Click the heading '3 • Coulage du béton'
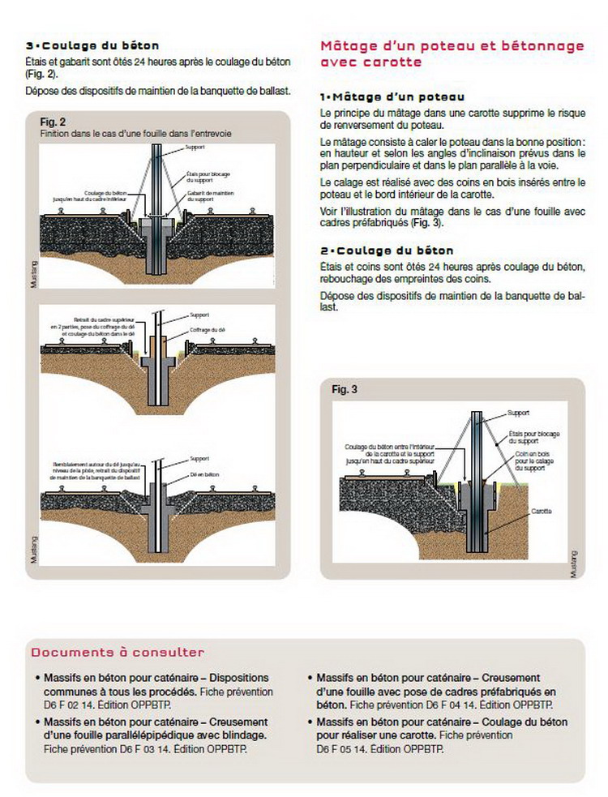pos(92,46)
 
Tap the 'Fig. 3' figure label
pos(345,389)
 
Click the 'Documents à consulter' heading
pos(118,652)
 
